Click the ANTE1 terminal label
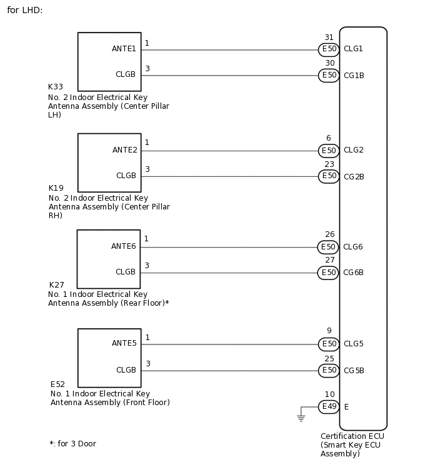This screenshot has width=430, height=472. [x=124, y=48]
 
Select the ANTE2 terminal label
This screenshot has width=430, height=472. [x=124, y=150]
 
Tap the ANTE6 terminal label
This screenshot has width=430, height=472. [x=124, y=246]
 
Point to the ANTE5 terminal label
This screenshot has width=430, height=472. [x=124, y=343]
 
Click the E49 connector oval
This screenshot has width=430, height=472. [x=329, y=407]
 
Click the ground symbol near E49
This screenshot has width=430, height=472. [x=301, y=417]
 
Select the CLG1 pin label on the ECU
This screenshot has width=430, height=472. [x=353, y=49]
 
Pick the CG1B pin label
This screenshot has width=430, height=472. [x=354, y=76]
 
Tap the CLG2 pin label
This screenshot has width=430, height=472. [x=353, y=150]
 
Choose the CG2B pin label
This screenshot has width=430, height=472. [x=354, y=177]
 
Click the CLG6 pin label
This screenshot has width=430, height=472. [x=353, y=247]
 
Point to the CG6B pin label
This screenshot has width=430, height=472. [x=354, y=273]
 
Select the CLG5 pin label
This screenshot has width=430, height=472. [x=353, y=344]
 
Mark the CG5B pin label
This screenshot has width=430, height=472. [x=354, y=371]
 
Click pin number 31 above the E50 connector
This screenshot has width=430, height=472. [x=329, y=38]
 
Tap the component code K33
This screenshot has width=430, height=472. [x=56, y=87]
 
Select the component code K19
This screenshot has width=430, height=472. [x=56, y=188]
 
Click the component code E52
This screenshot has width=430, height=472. [x=57, y=384]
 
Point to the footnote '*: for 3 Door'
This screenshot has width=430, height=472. [x=72, y=444]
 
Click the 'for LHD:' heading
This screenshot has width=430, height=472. [x=25, y=11]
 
